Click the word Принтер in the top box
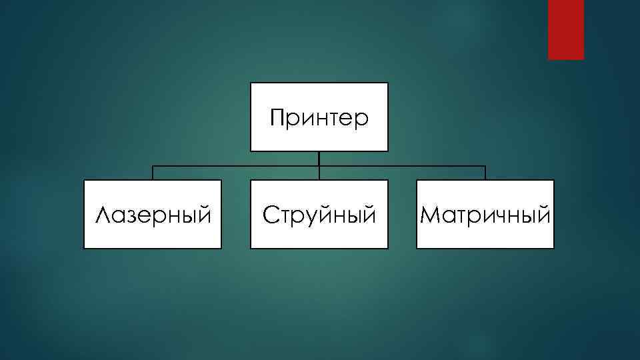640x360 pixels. (x=319, y=119)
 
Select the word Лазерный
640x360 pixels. (x=153, y=215)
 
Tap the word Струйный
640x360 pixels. (x=319, y=215)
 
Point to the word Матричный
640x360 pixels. (x=485, y=215)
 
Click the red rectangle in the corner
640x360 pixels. (x=565, y=29)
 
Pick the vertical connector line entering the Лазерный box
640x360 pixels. (x=153, y=173)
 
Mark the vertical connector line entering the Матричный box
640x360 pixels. (x=485, y=173)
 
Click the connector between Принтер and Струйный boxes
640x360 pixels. (x=319, y=165)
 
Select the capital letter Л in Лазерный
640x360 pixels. (x=103, y=215)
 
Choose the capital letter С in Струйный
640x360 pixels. (x=269, y=215)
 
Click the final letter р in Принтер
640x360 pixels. (x=361, y=122)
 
